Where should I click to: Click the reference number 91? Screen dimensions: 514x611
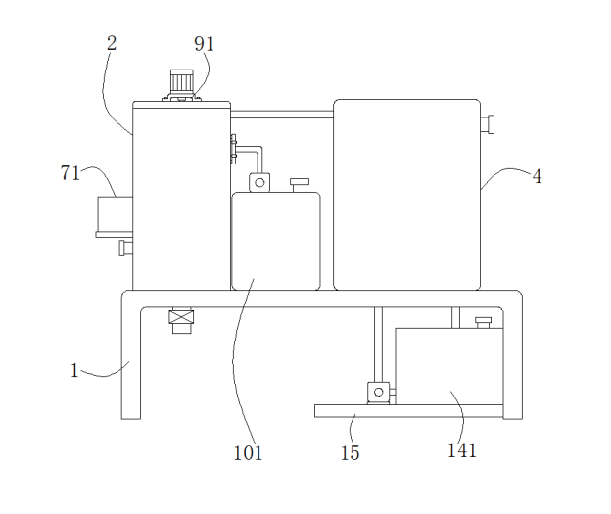[x=204, y=43]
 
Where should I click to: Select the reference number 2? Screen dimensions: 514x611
[x=112, y=43]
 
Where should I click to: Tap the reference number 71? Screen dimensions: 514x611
[x=70, y=173]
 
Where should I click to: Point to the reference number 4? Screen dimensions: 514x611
[x=537, y=176]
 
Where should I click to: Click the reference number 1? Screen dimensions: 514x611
[x=74, y=370]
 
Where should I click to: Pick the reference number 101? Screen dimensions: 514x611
[x=248, y=453]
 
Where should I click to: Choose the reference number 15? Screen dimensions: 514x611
[x=350, y=453]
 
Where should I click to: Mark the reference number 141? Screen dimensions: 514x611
[x=462, y=450]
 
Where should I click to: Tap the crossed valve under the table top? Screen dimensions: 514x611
[x=181, y=318]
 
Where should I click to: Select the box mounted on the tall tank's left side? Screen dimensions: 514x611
[x=114, y=215]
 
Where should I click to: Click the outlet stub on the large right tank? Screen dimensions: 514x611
[x=488, y=124]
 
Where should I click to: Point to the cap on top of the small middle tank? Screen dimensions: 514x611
[x=299, y=183]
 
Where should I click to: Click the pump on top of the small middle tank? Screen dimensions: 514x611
[x=259, y=181]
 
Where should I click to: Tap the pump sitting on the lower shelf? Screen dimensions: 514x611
[x=378, y=393]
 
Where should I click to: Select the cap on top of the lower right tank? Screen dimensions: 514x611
[x=483, y=322]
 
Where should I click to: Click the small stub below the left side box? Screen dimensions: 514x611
[x=124, y=248]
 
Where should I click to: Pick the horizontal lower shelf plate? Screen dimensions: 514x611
[x=411, y=411]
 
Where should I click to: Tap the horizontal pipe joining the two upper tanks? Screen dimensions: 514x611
[x=282, y=116]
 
